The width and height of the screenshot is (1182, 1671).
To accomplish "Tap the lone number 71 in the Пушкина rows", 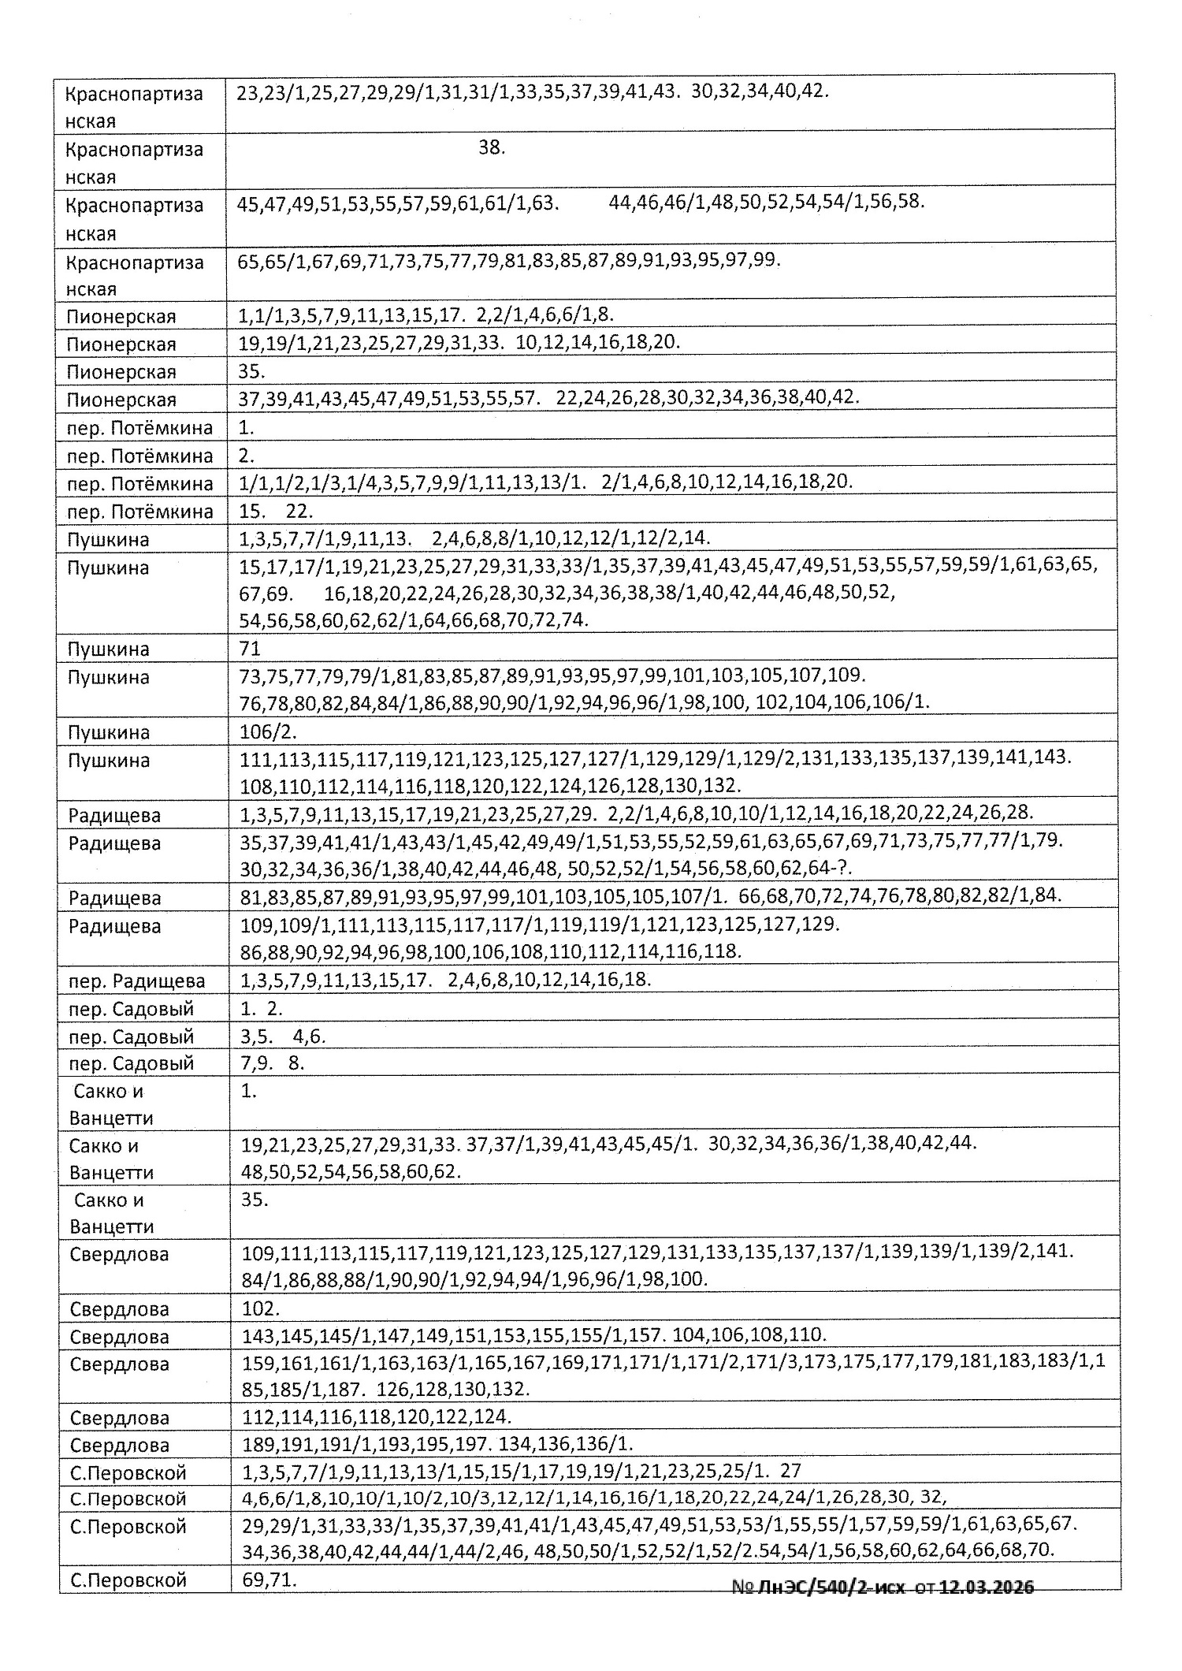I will pos(250,649).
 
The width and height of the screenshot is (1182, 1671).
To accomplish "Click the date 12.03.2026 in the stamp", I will pos(987,1587).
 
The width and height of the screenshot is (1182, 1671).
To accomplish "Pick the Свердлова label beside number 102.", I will pos(119,1310).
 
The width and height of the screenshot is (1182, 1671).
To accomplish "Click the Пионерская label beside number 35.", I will pos(121,372).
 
